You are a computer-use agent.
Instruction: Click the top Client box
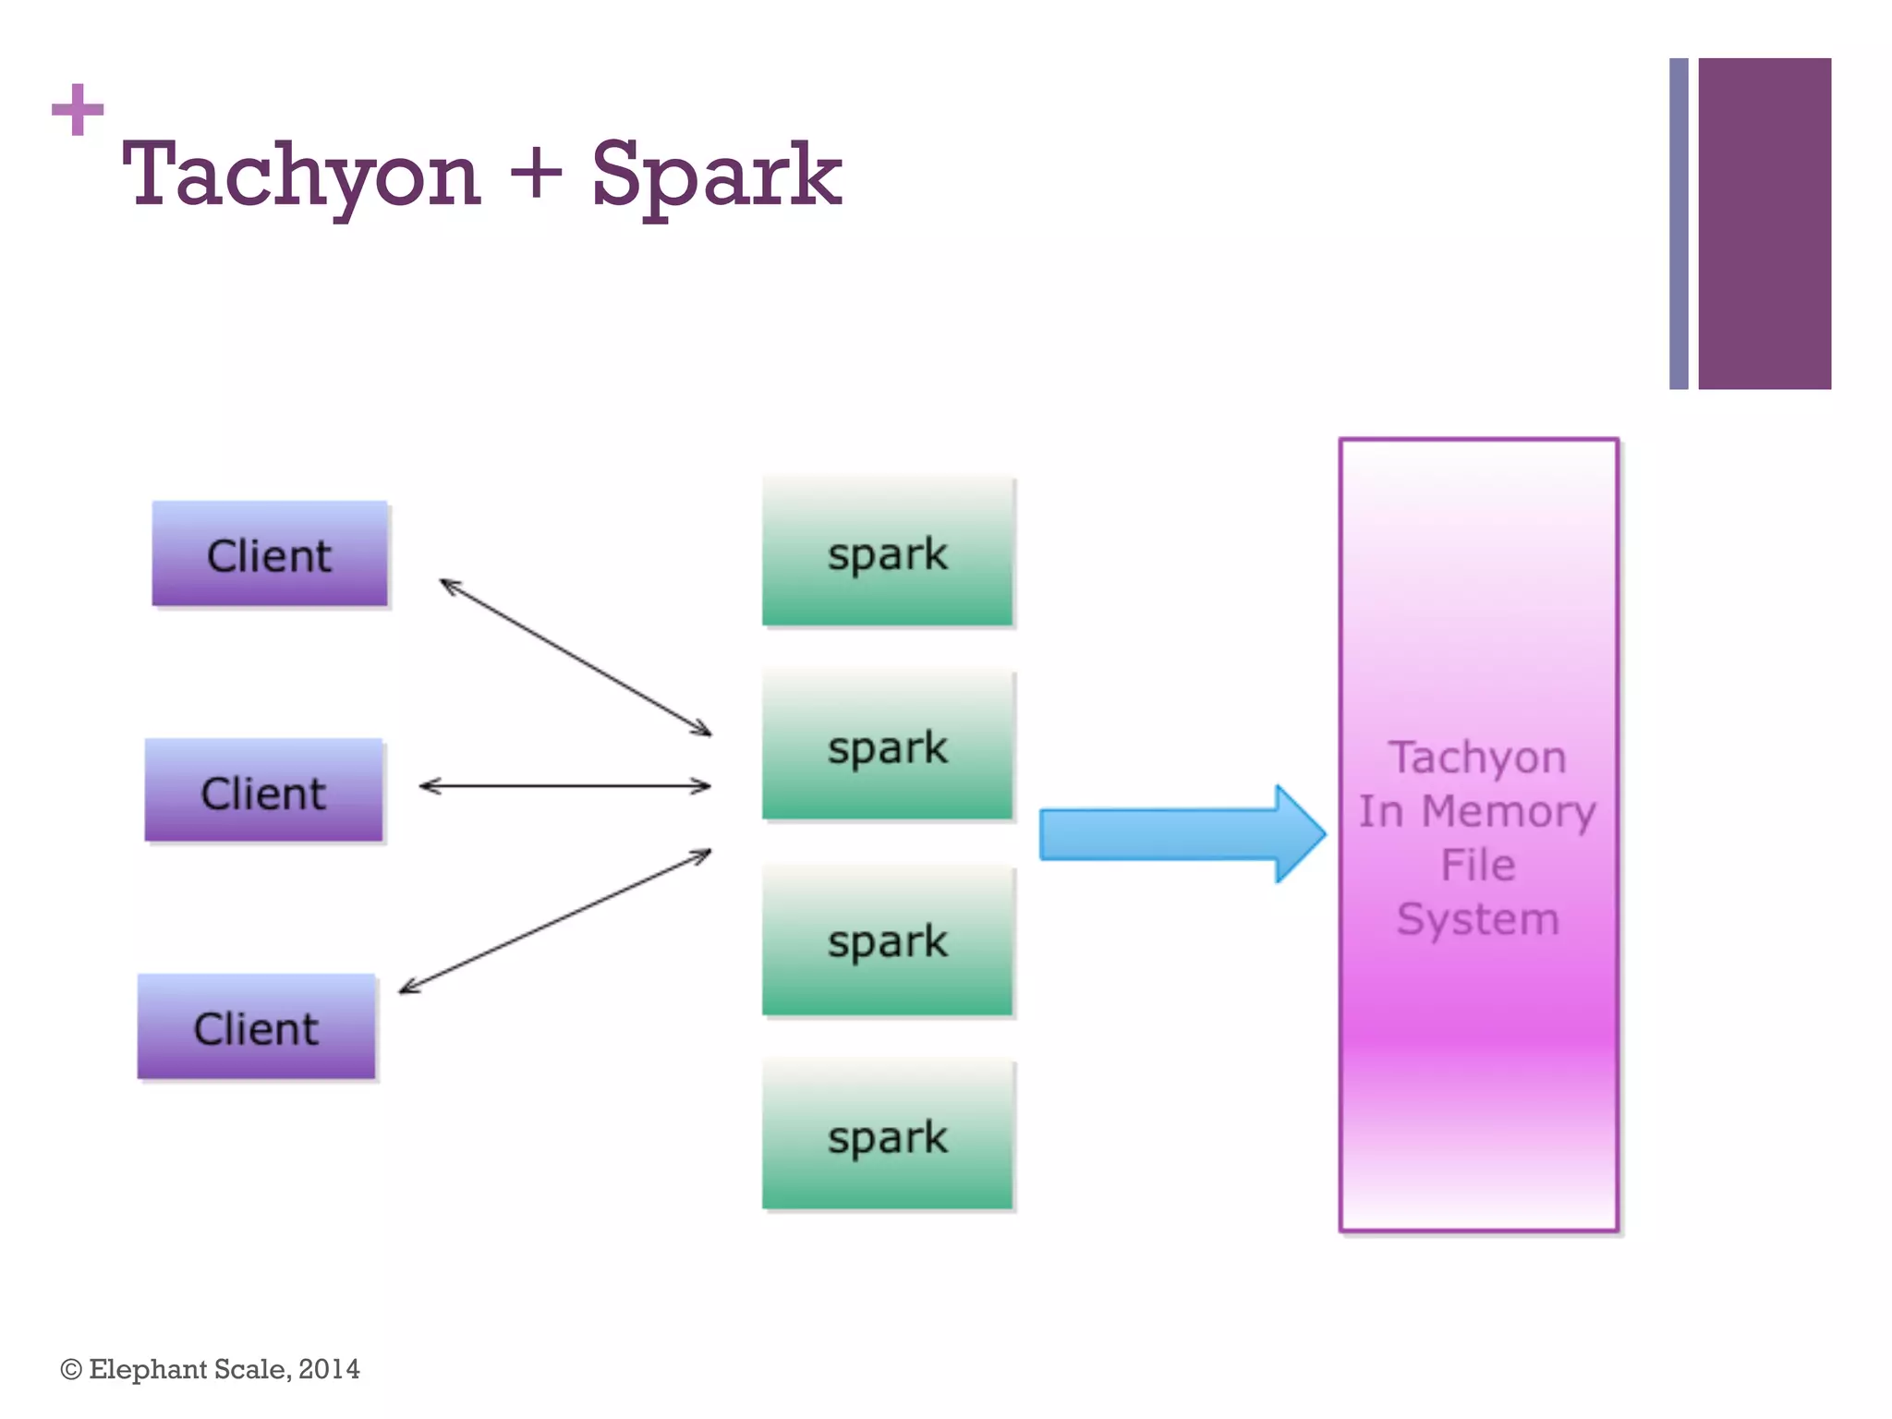click(269, 554)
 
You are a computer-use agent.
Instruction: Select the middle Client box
click(263, 791)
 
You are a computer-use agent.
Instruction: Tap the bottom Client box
click(256, 1026)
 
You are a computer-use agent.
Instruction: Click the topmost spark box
click(887, 552)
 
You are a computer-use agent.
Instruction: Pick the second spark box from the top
click(887, 746)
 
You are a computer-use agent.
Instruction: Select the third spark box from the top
click(887, 940)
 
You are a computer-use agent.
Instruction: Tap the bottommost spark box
click(887, 1135)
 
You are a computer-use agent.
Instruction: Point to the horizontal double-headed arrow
click(564, 786)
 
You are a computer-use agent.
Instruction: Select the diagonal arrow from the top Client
click(575, 657)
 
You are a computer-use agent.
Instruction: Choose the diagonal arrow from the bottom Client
click(554, 921)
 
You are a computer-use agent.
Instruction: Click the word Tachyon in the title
click(301, 176)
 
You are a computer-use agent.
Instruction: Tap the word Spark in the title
click(715, 176)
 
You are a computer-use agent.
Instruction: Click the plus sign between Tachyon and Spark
click(535, 173)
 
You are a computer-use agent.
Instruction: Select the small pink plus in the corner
click(78, 109)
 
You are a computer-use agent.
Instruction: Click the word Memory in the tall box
click(1508, 811)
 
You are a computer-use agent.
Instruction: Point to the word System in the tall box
click(1477, 918)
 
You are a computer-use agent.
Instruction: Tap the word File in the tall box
click(1477, 865)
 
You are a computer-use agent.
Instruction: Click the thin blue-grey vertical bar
click(1678, 224)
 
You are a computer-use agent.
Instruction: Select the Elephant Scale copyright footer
click(211, 1368)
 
